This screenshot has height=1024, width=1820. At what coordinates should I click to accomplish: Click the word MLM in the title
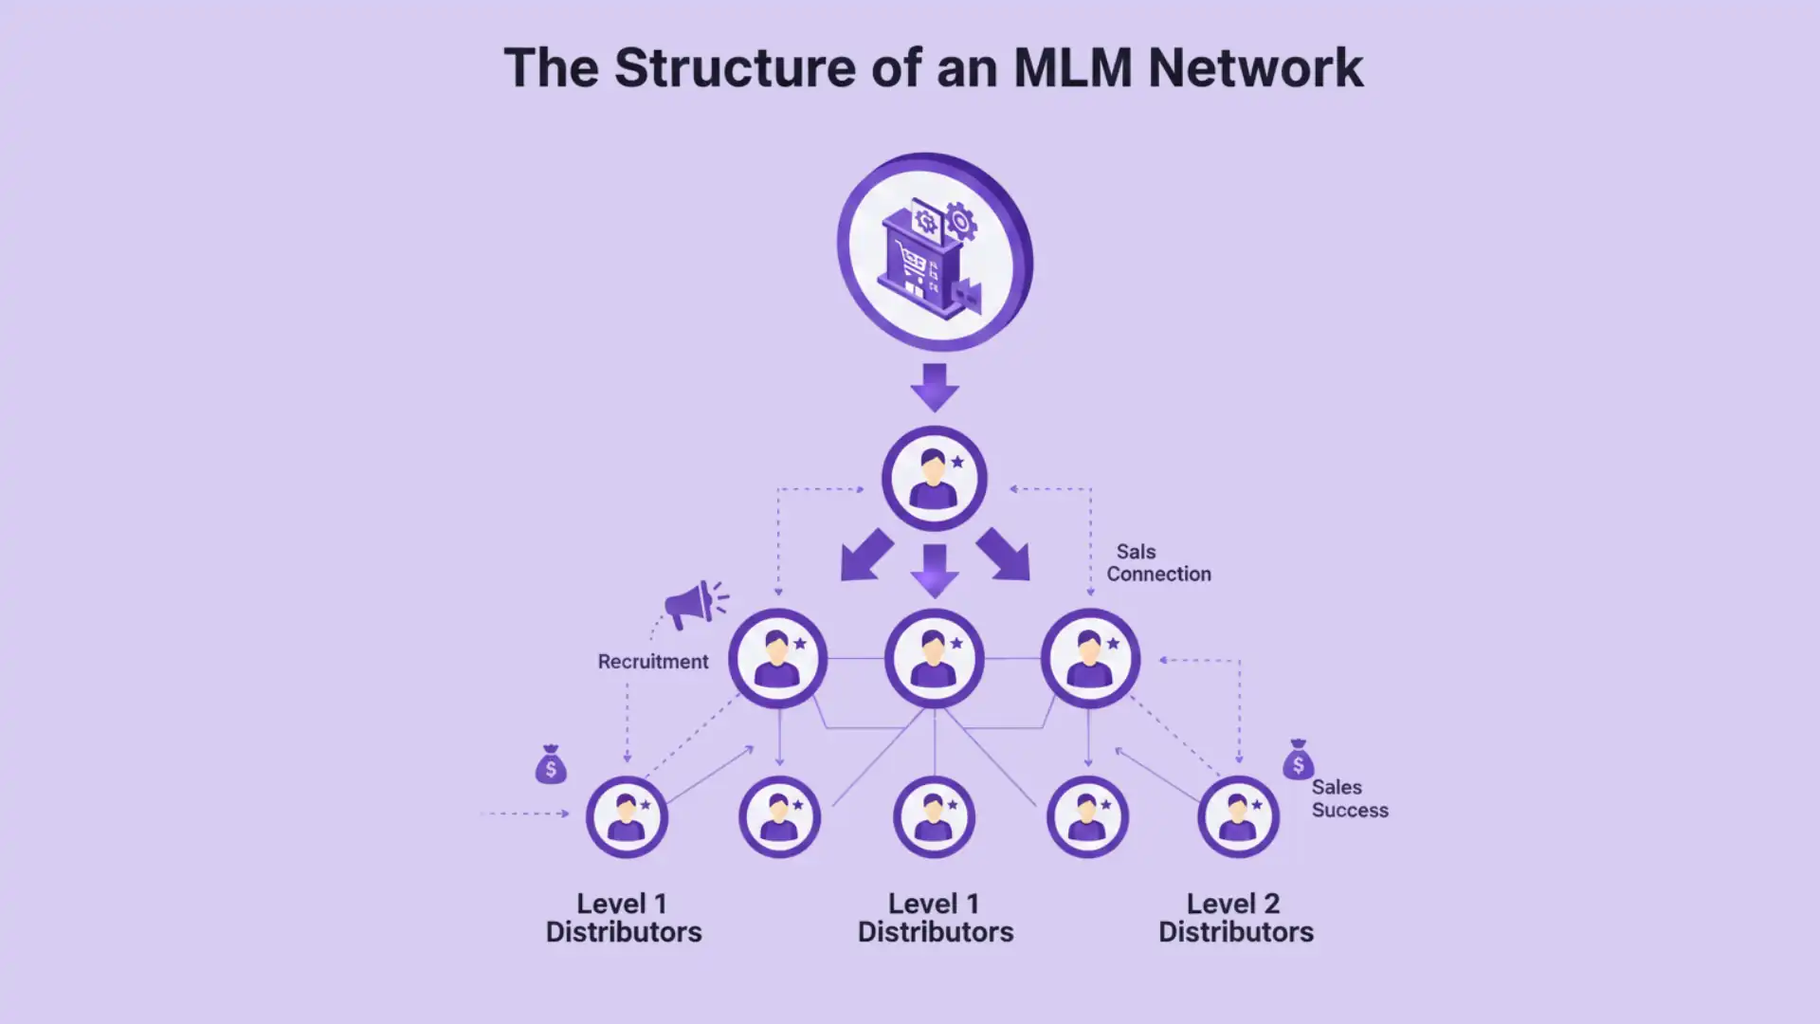pyautogui.click(x=1072, y=68)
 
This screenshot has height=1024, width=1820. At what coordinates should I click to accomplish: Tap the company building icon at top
pyautogui.click(x=934, y=252)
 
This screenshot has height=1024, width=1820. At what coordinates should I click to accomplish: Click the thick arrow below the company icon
pyautogui.click(x=935, y=386)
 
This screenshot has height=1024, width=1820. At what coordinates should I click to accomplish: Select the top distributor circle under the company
pyautogui.click(x=934, y=479)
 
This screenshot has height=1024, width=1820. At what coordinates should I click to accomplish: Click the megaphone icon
pyautogui.click(x=694, y=604)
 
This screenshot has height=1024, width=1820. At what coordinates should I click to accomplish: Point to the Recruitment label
pyautogui.click(x=652, y=662)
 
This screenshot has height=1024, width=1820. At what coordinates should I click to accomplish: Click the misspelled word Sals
pyautogui.click(x=1136, y=552)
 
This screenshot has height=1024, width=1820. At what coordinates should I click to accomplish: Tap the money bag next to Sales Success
pyautogui.click(x=1298, y=760)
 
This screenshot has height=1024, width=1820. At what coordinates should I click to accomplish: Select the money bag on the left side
pyautogui.click(x=551, y=764)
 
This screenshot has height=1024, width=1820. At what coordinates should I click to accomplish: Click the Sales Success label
pyautogui.click(x=1349, y=798)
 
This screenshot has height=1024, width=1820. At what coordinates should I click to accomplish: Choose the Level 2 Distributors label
pyautogui.click(x=1235, y=917)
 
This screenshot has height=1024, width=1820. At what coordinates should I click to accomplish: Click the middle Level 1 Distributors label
pyautogui.click(x=935, y=917)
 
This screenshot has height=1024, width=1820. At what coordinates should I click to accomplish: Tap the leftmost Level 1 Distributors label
pyautogui.click(x=624, y=917)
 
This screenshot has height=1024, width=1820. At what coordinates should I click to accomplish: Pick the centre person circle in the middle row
pyautogui.click(x=934, y=658)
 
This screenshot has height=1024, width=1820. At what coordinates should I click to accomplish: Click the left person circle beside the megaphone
pyautogui.click(x=777, y=658)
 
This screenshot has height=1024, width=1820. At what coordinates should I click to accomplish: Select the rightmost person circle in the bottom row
pyautogui.click(x=1238, y=816)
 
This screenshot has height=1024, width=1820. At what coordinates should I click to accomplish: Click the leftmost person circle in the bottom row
pyautogui.click(x=626, y=816)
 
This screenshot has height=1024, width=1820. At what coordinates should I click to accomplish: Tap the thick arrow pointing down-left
pyautogui.click(x=864, y=557)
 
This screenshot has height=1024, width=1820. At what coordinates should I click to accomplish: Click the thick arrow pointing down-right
pyautogui.click(x=1004, y=557)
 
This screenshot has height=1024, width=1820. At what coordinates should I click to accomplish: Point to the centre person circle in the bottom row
pyautogui.click(x=934, y=816)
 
